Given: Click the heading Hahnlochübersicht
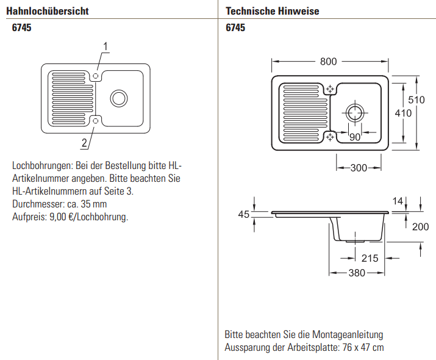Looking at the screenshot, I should click(x=48, y=11).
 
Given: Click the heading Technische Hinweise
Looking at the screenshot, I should click(x=272, y=11).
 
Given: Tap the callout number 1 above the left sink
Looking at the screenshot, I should click(x=105, y=46).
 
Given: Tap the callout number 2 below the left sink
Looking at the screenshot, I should click(x=84, y=143).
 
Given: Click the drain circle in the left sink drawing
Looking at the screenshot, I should click(x=118, y=98).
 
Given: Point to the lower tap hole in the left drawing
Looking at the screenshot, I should click(x=95, y=121).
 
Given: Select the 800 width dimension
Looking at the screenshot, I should click(x=328, y=62).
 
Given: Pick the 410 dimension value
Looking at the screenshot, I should click(x=403, y=113).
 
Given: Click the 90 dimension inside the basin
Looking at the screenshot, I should click(x=355, y=137).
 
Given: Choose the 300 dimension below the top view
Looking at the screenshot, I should click(x=359, y=168).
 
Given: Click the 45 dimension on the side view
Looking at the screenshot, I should click(x=244, y=214).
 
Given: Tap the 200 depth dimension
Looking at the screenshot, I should click(x=420, y=227).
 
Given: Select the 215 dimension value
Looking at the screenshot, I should click(x=370, y=258).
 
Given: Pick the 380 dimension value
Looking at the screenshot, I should click(x=357, y=273).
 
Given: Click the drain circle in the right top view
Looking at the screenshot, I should click(x=354, y=112).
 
